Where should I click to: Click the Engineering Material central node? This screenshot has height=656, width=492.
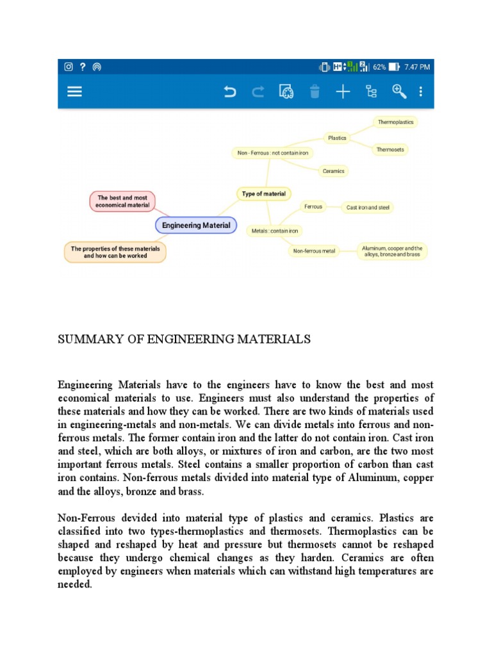point(196,225)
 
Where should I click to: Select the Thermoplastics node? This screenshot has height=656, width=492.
point(395,122)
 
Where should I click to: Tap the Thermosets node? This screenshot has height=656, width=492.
point(390,149)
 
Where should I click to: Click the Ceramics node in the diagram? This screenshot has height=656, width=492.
point(333,171)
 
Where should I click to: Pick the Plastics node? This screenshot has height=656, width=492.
point(337,138)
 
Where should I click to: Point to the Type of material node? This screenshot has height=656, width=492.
point(264,193)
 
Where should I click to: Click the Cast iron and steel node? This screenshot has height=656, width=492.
point(367,207)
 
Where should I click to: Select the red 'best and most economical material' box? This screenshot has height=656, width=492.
point(122,202)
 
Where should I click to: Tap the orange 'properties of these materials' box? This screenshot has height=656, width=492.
point(115,252)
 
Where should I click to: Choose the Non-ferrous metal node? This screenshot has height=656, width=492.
point(314,251)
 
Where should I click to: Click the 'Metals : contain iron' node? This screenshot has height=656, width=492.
point(274,231)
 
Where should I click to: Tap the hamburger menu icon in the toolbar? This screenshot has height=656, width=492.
point(75,92)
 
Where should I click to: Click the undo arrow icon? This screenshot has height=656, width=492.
point(229,92)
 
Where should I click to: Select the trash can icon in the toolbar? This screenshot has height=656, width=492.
point(314,92)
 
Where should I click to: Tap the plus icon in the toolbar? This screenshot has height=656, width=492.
point(343,92)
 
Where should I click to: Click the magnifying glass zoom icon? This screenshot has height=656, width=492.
point(399,92)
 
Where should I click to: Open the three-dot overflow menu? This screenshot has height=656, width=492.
point(421,92)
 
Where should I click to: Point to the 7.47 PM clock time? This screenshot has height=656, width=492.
point(417,67)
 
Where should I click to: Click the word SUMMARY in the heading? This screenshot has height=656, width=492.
point(86,340)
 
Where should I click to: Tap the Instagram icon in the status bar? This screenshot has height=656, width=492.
point(69,67)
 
